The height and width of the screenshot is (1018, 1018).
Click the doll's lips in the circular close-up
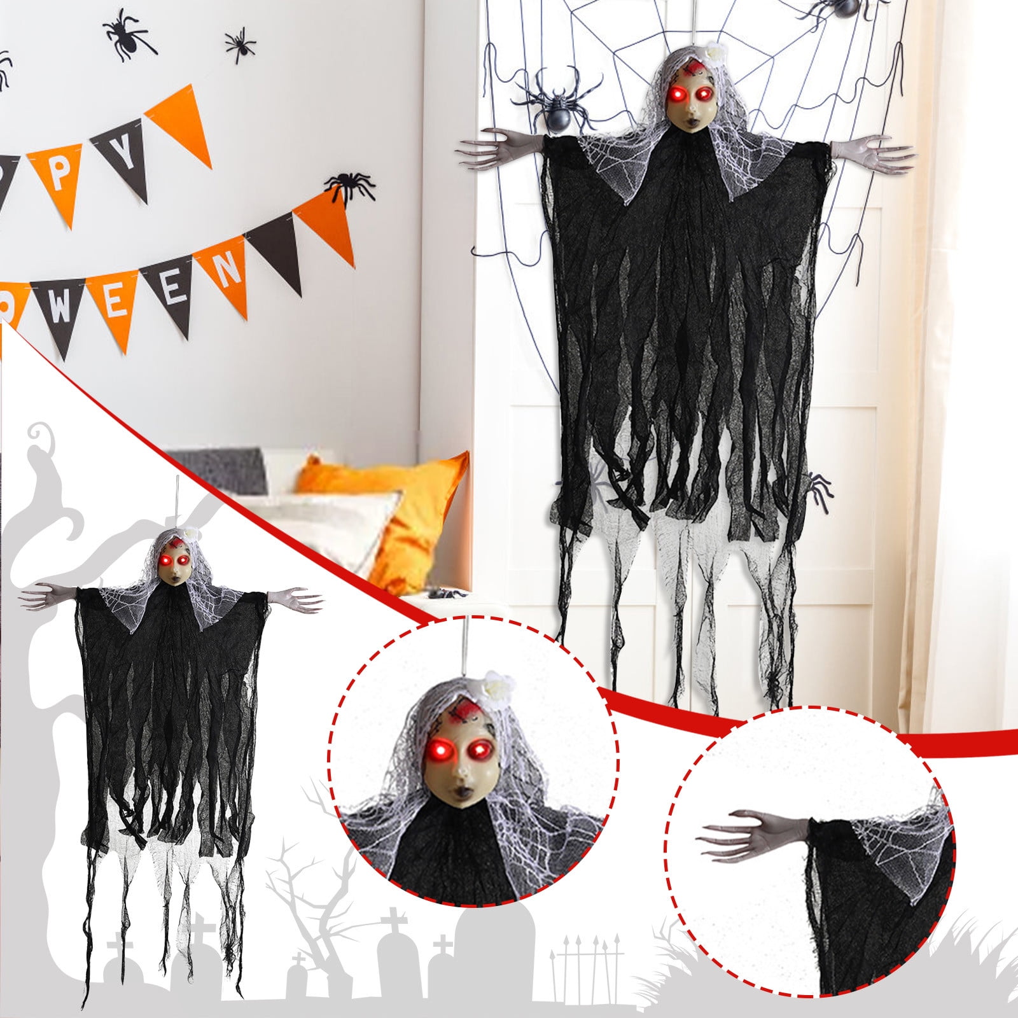tap(459, 793)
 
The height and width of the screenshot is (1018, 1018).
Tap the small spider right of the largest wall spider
tap(241, 45)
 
